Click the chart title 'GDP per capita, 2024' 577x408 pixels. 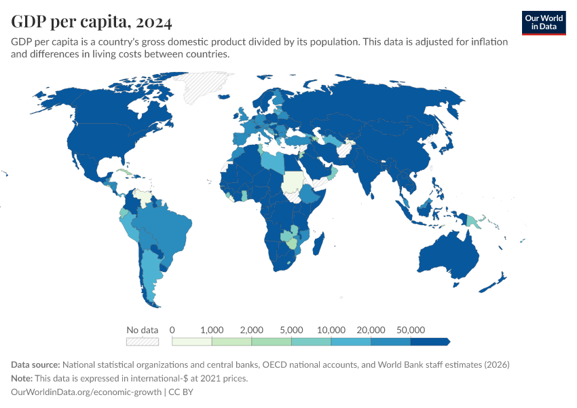[x=91, y=22]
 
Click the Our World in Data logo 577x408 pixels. [x=543, y=22]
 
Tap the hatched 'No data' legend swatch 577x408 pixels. [x=143, y=341]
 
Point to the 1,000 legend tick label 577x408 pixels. [x=212, y=330]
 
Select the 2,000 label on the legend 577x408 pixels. [x=252, y=330]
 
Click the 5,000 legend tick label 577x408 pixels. [x=292, y=330]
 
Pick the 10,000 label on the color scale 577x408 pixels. [x=331, y=330]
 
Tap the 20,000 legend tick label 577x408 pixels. [x=371, y=330]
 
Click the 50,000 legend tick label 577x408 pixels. [x=410, y=330]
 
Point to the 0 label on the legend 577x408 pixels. [x=172, y=330]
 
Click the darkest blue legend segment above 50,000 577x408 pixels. [x=429, y=341]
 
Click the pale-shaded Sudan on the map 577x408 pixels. [x=293, y=182]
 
